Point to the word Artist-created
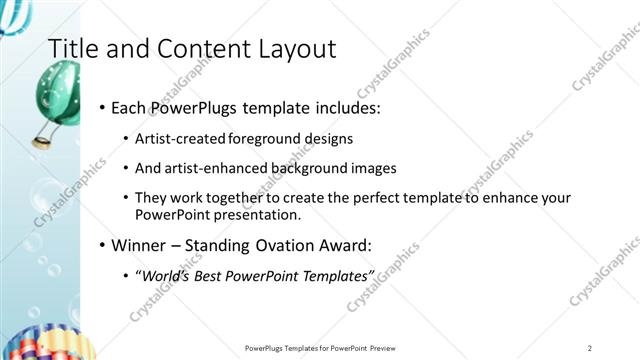(x=179, y=138)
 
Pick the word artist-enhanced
(x=211, y=168)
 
